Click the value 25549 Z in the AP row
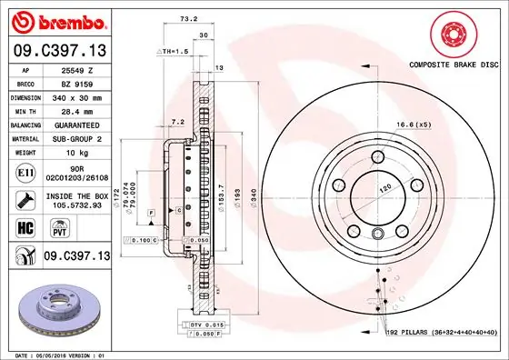pyautogui.click(x=76, y=69)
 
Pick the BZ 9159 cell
pyautogui.click(x=76, y=82)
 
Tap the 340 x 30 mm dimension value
pyautogui.click(x=76, y=95)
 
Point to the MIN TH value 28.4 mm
pyautogui.click(x=76, y=109)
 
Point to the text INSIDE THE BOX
pyautogui.click(x=76, y=194)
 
